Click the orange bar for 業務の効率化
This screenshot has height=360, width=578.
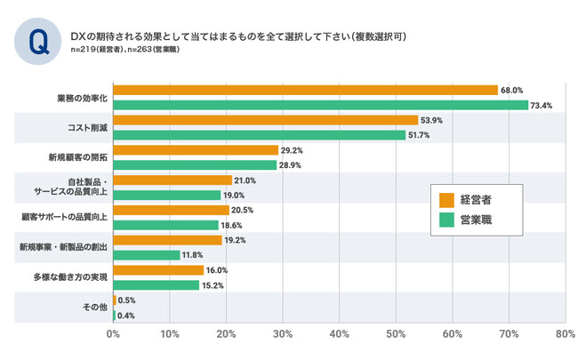[x=305, y=90]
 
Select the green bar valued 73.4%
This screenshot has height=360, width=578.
[x=320, y=105]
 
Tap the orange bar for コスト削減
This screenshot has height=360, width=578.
[x=265, y=120]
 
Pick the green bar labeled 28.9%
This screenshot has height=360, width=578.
[x=195, y=165]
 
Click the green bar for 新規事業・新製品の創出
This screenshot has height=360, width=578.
[x=146, y=255]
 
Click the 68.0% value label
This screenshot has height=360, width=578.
[x=512, y=90]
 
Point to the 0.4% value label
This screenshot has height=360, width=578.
[x=126, y=316]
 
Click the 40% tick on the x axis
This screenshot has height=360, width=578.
[x=339, y=335]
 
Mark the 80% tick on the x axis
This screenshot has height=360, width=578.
[x=564, y=335]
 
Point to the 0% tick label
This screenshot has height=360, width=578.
[x=113, y=335]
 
